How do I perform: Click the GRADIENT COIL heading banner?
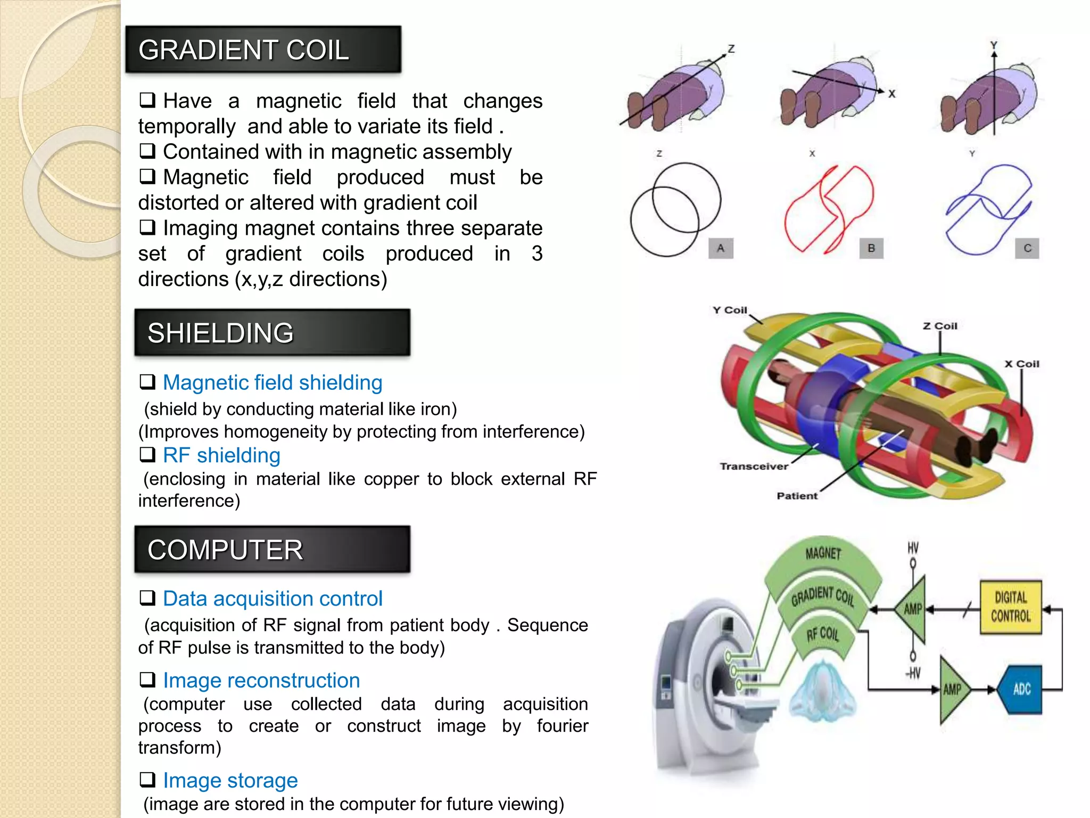point(263,49)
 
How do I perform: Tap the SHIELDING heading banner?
point(272,332)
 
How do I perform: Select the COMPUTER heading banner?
point(272,549)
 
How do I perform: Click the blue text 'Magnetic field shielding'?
point(272,382)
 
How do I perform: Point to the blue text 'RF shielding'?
point(221,455)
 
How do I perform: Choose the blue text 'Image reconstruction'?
point(261,680)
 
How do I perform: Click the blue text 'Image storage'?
point(230,780)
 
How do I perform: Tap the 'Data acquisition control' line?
point(272,599)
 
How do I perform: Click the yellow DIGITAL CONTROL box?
point(1010,607)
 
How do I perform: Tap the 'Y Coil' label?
point(730,310)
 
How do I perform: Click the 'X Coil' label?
point(1021,364)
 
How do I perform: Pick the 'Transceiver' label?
point(754,466)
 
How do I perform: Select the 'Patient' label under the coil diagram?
point(797,496)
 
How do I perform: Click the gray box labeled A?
point(721,248)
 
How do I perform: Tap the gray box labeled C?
point(1027,248)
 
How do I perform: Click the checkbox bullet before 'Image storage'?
point(147,780)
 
